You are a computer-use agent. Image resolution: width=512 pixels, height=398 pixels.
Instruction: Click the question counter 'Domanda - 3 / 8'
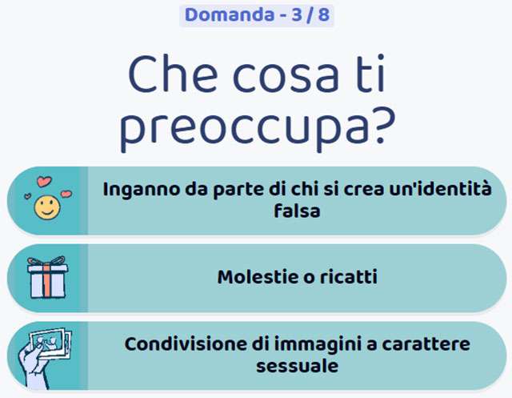256,14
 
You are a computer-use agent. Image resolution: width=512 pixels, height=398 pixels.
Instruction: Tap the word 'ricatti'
350,278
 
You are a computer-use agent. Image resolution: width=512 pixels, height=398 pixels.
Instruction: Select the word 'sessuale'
297,366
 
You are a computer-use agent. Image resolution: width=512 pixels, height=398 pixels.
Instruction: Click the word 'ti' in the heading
367,77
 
